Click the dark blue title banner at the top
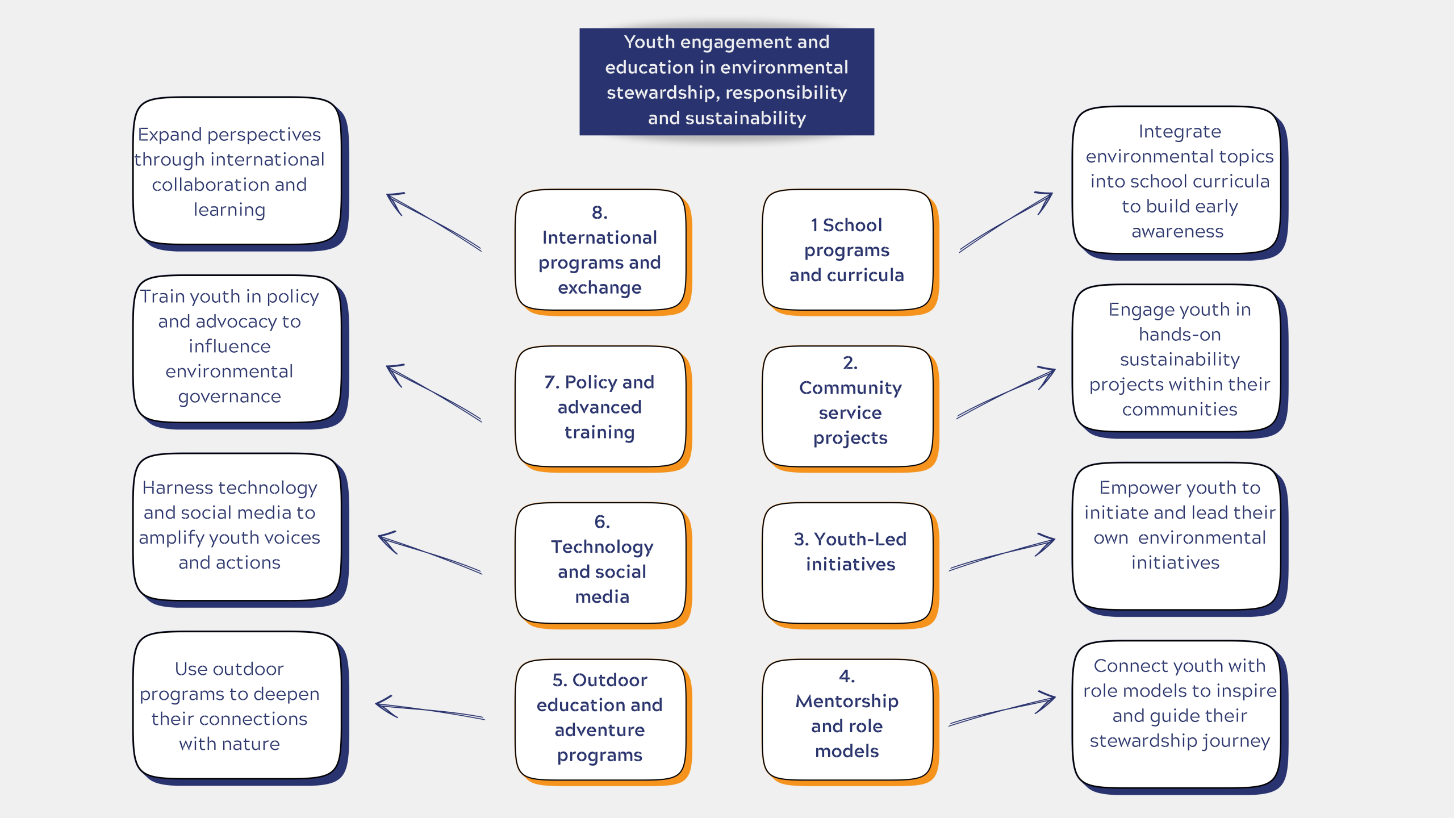[x=726, y=81]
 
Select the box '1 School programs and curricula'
[x=847, y=250]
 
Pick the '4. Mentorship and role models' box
[x=847, y=719]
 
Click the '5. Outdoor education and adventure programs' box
[x=600, y=719]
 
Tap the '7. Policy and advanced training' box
[x=600, y=406]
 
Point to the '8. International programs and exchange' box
[x=600, y=250]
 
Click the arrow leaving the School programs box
[x=1005, y=222]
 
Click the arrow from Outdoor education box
[x=430, y=710]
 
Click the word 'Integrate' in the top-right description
[x=1180, y=132]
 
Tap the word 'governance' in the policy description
[x=229, y=397]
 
